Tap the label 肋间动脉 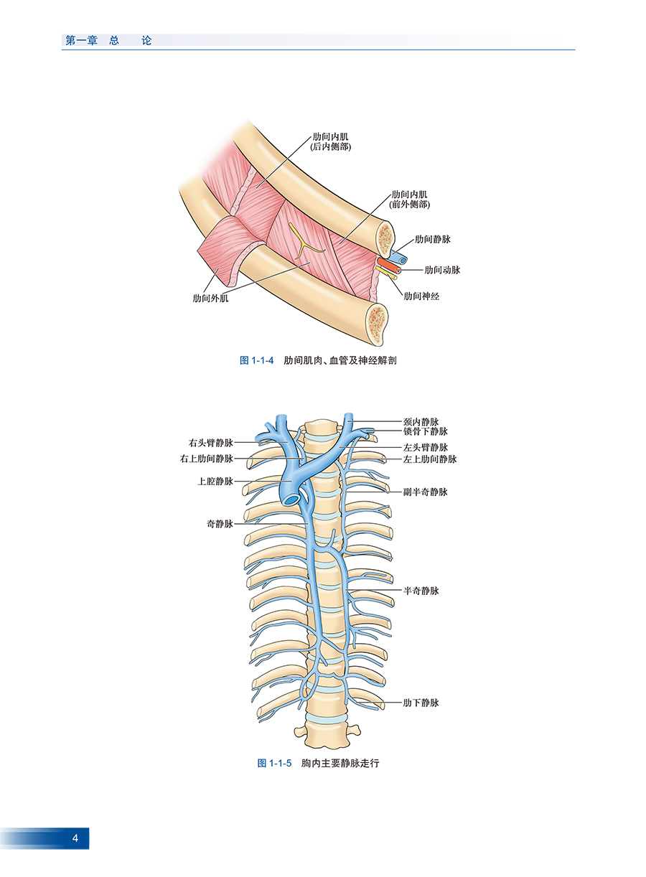tap(442, 270)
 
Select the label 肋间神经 tap(421, 296)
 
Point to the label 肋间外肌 tap(210, 299)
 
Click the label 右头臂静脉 tap(211, 443)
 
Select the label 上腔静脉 tap(215, 481)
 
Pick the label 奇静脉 tap(220, 524)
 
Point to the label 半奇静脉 tap(421, 591)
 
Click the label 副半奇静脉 tap(426, 492)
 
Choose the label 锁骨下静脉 tap(426, 432)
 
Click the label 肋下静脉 tap(421, 703)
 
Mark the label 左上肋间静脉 tap(430, 459)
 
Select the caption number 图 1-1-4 tap(257, 360)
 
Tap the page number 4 tap(75, 838)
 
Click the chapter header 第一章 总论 tap(108, 41)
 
